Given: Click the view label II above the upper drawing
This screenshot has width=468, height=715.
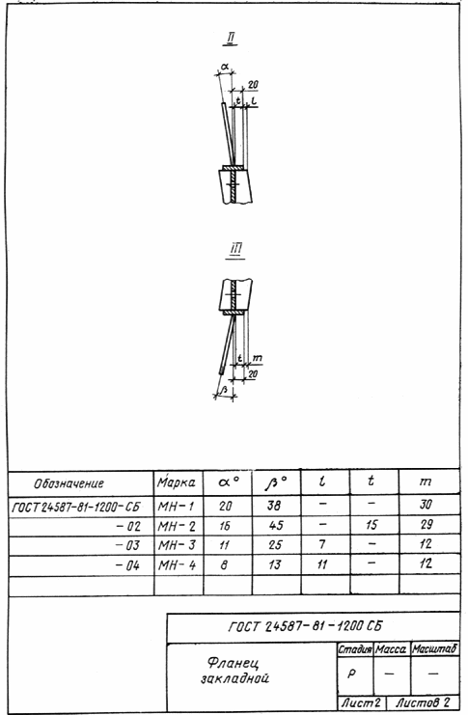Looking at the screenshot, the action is coord(231,39).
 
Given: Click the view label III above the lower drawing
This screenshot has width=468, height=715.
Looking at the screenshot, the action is coord(234,250).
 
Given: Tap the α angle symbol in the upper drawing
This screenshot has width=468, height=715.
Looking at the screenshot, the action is coord(224,67).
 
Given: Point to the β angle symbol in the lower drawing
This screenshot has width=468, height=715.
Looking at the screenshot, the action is coord(224,390).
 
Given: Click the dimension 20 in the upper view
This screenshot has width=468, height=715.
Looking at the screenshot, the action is coord(253,85).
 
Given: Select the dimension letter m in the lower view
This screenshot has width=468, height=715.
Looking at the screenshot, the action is coord(257,358).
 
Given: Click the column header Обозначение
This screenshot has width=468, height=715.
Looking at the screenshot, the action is coord(69,483).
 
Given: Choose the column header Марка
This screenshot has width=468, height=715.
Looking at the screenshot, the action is coord(177,482).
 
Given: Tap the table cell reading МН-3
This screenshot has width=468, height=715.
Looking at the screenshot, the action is coord(177,545).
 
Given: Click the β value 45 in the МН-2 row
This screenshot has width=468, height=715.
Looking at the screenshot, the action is coord(276,525).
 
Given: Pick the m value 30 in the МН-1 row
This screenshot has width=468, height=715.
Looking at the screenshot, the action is coord(426,505).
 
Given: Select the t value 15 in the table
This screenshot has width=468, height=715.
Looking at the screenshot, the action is coord(372,525).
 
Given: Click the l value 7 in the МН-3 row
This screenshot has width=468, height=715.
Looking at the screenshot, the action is coord(322,544).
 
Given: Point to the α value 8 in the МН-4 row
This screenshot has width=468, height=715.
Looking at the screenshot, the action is coord(224,565).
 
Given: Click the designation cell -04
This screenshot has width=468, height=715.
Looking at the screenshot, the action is coord(127,565).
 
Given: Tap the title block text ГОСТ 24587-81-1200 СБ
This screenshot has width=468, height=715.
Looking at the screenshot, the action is coord(305,626).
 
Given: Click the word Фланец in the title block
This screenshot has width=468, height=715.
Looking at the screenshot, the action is coord(233,662).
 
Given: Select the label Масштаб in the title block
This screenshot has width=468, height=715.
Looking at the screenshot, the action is coord(434,648).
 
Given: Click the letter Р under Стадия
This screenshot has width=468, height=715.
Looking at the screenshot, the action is coord(351,674).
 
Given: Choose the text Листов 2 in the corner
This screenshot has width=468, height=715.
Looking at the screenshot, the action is coord(423,702).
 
